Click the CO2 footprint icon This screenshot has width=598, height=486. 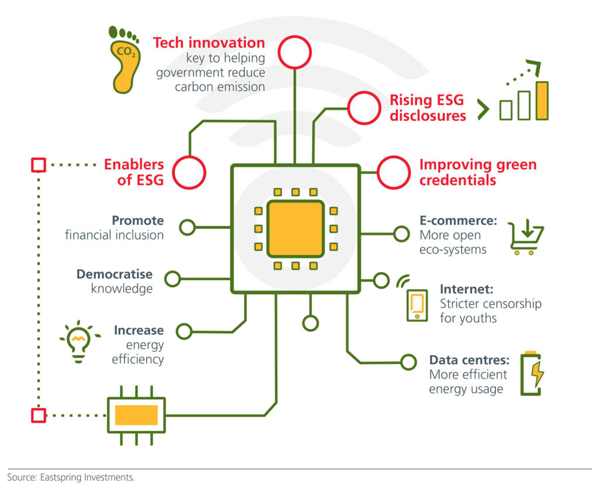pos(124,60)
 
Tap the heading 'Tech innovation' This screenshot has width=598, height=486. pos(209,43)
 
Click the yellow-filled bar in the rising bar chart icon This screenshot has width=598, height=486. pos(542,100)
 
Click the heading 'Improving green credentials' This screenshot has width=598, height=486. pos(478,172)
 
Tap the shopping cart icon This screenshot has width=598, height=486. pos(526,237)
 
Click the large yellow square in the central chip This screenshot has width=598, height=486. pos(295,228)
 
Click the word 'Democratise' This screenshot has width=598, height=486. pos(114,274)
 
